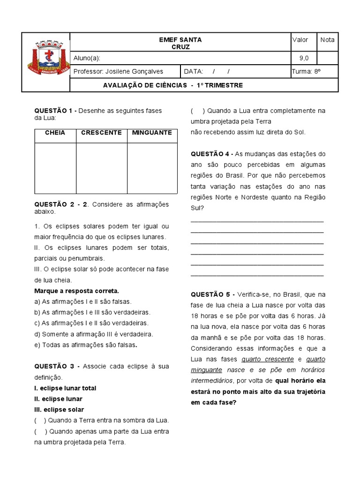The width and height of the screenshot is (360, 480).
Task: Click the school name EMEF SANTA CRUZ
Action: (x=180, y=44)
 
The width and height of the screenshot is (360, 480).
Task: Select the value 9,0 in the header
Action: (x=304, y=58)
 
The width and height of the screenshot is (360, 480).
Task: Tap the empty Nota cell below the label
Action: (x=327, y=58)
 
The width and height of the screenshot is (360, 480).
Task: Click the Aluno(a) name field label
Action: (x=87, y=58)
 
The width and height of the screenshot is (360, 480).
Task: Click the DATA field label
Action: (x=193, y=71)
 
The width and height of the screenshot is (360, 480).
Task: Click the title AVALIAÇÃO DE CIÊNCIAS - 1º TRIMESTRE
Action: (x=172, y=85)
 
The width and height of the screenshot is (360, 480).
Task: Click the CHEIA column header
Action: (x=55, y=133)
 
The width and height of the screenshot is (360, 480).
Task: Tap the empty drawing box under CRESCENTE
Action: (x=101, y=168)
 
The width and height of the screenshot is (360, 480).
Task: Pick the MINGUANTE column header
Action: (x=152, y=133)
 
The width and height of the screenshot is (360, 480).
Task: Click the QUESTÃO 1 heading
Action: (x=55, y=111)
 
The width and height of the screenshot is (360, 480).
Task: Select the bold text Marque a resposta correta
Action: (x=76, y=291)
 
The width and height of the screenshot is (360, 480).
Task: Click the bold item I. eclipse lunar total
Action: (x=65, y=388)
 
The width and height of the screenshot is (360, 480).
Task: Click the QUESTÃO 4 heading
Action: (x=211, y=154)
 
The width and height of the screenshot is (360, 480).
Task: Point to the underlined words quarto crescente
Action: (x=268, y=359)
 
